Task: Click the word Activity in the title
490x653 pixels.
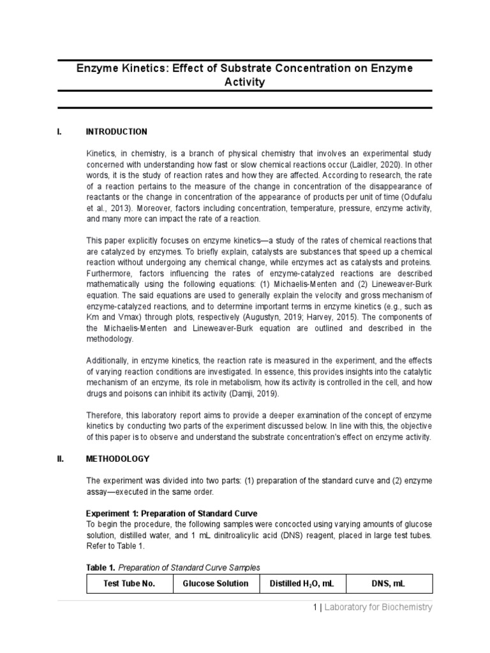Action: coord(245,83)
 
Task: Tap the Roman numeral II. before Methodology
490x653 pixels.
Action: coord(61,459)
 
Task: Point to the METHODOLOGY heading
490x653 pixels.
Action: coord(117,459)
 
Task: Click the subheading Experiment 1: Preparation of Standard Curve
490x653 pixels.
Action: coord(172,513)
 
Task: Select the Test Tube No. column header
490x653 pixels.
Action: coord(130,583)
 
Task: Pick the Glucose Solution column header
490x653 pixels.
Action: coord(216,583)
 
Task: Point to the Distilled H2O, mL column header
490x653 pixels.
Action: coord(302,583)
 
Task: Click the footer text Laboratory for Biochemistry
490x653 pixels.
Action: coord(378,607)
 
